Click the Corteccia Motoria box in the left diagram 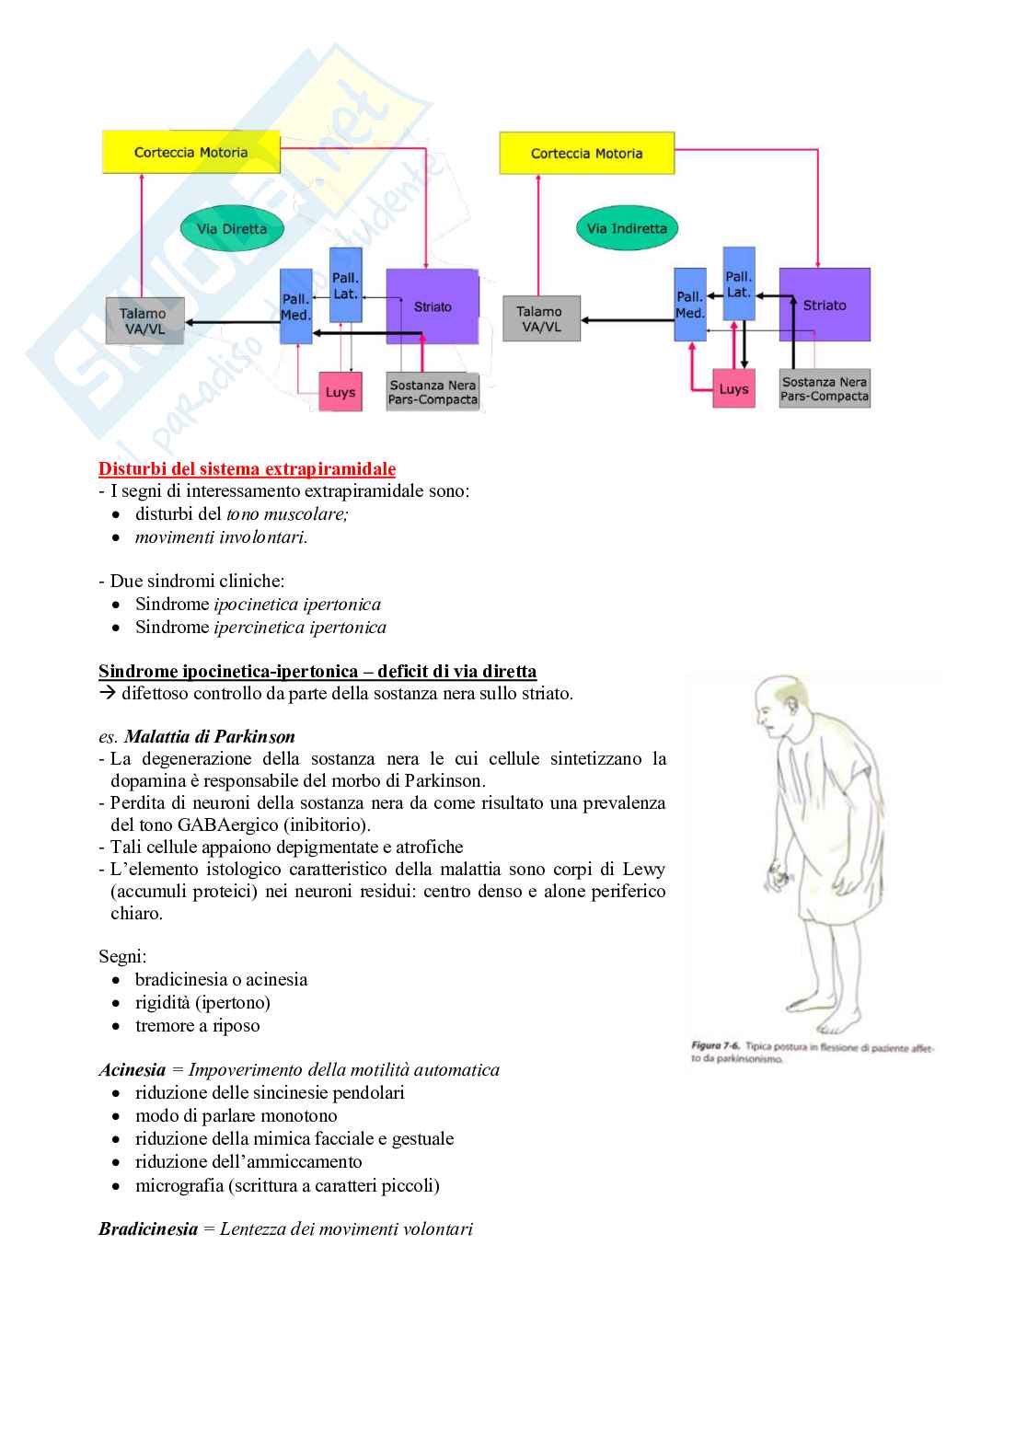pyautogui.click(x=190, y=152)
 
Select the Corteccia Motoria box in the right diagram pyautogui.click(x=586, y=153)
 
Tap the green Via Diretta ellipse pyautogui.click(x=231, y=228)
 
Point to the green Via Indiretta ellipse pyautogui.click(x=627, y=228)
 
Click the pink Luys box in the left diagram pyautogui.click(x=340, y=392)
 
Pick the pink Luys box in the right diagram pyautogui.click(x=733, y=389)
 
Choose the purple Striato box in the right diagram pyautogui.click(x=825, y=306)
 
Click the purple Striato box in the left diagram pyautogui.click(x=432, y=306)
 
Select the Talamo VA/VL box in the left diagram pyautogui.click(x=144, y=321)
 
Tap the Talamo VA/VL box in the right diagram pyautogui.click(x=540, y=318)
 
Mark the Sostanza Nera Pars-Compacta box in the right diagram pyautogui.click(x=825, y=388)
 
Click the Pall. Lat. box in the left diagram pyautogui.click(x=345, y=285)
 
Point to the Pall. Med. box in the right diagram pyautogui.click(x=689, y=305)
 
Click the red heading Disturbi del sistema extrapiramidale pyautogui.click(x=248, y=468)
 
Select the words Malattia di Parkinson pyautogui.click(x=210, y=736)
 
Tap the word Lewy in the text pyautogui.click(x=643, y=869)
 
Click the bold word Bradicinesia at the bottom pyautogui.click(x=148, y=1228)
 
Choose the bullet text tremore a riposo pyautogui.click(x=197, y=1025)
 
